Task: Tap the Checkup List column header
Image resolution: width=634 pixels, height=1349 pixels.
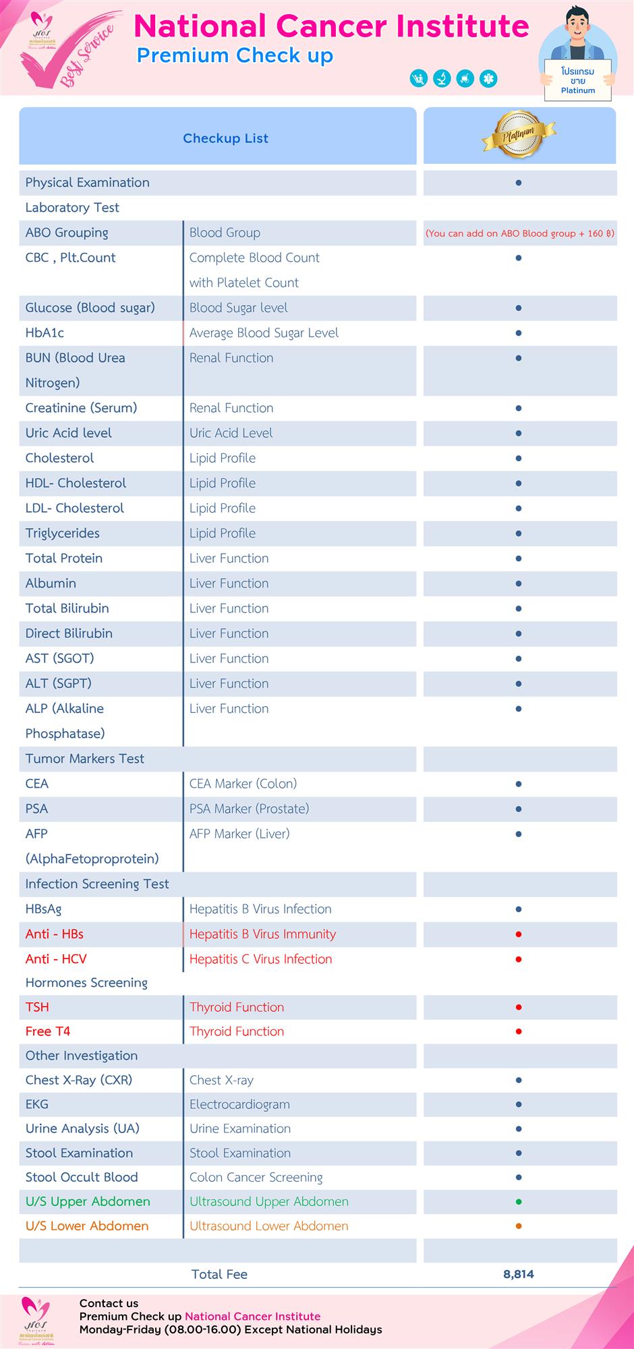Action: (x=225, y=138)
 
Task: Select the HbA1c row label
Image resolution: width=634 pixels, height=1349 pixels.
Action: (x=45, y=333)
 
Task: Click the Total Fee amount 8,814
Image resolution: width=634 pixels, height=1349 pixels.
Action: (x=518, y=1274)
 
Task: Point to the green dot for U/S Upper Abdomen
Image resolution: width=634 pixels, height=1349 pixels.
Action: (x=518, y=1201)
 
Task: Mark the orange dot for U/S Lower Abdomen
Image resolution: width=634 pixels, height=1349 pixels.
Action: (x=518, y=1226)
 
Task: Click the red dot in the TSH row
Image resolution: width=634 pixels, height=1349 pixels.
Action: (x=518, y=1007)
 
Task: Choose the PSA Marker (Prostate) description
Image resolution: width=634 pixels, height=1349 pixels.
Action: (x=249, y=808)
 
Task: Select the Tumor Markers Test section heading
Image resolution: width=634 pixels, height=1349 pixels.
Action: (x=84, y=758)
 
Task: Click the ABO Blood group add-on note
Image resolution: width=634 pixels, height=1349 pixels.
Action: (x=519, y=233)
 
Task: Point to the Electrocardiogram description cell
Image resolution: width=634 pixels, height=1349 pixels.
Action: (x=239, y=1104)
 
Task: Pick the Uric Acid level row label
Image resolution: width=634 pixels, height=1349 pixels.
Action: (x=68, y=433)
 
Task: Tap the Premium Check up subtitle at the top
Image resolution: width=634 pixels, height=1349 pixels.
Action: (x=235, y=55)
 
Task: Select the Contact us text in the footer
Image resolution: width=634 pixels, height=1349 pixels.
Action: (x=109, y=1303)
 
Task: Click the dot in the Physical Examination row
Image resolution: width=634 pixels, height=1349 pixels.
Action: (x=518, y=183)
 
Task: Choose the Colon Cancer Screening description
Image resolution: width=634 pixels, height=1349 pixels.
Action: (x=256, y=1177)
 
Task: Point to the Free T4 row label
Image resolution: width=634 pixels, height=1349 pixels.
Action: (x=47, y=1031)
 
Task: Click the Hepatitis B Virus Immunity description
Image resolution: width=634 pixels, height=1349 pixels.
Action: (x=262, y=934)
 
